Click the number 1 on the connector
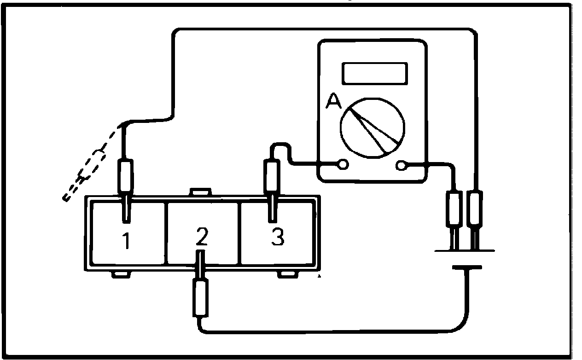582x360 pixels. coord(125,241)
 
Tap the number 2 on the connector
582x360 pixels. coord(201,237)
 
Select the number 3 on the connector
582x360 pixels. coord(277,237)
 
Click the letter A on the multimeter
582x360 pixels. coord(333,101)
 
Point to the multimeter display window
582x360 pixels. coord(374,73)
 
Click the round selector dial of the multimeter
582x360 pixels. coord(373,127)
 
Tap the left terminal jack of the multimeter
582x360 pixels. coord(343,164)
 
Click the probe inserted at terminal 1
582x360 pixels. coord(126,177)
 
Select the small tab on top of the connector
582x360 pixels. coord(201,192)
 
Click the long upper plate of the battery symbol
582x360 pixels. coord(465,251)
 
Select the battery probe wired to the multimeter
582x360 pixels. coord(454,209)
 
